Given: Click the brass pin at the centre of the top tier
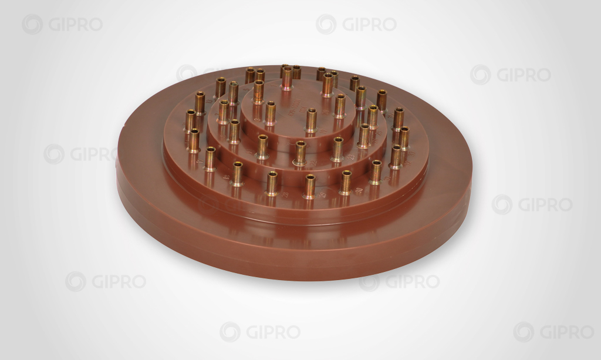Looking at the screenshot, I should point(311,120).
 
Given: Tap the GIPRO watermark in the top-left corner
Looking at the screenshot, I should point(62,24).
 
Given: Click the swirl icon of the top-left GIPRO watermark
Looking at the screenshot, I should point(32,24).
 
